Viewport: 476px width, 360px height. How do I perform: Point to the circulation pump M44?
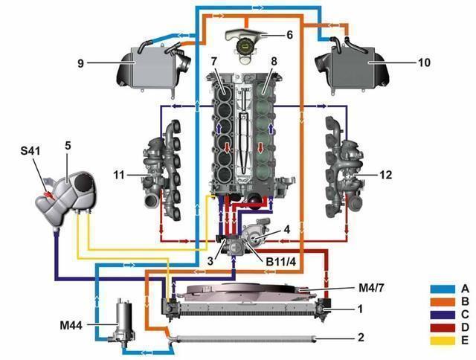click(120, 324)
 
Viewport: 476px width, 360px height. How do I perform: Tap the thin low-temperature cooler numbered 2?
click(245, 338)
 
